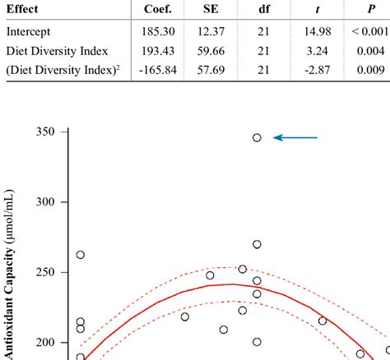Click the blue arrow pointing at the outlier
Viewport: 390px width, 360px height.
[x=295, y=138]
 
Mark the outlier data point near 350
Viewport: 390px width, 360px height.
[x=257, y=138]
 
